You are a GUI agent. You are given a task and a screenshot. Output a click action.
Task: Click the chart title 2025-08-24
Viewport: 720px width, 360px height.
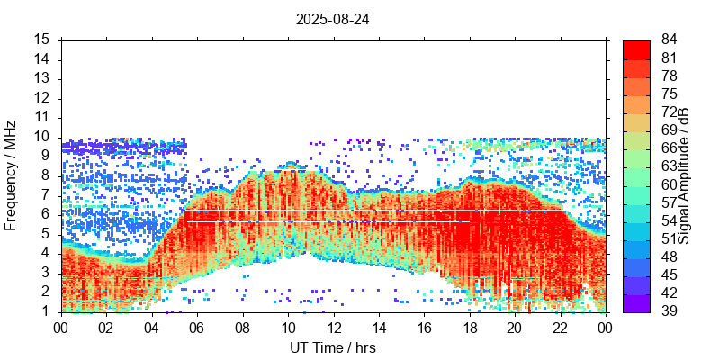click(332, 18)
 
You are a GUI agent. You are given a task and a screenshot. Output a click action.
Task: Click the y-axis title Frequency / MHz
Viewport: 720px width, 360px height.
click(11, 175)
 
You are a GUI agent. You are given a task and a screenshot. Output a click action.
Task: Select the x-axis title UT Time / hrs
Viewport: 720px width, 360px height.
click(332, 347)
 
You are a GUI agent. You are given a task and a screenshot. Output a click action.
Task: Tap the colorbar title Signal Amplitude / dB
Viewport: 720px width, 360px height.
click(684, 175)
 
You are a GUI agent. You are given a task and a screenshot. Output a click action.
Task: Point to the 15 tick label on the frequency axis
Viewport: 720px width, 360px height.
click(41, 40)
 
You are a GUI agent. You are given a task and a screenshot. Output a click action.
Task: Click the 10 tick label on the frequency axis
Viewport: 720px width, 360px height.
click(41, 137)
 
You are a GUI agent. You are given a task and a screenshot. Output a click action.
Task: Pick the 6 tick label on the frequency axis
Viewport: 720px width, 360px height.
click(45, 214)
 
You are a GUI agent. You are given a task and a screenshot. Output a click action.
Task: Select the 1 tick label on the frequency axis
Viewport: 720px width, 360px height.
click(45, 311)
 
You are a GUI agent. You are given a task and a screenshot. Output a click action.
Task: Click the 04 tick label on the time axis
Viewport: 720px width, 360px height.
click(152, 328)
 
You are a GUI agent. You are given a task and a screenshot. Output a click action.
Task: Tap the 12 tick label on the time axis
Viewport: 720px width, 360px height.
click(333, 328)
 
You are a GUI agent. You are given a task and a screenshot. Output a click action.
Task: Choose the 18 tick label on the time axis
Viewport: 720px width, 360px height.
click(469, 328)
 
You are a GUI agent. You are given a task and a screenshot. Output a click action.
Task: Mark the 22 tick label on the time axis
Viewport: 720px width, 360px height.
click(560, 328)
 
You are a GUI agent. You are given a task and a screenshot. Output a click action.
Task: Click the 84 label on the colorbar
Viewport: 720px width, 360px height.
click(670, 40)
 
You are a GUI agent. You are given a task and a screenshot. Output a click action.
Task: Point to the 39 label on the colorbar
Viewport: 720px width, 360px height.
click(670, 311)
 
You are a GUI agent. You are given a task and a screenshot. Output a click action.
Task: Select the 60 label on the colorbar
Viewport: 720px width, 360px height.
click(670, 184)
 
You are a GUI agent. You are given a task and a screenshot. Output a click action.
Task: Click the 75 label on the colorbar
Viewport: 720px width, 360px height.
click(670, 94)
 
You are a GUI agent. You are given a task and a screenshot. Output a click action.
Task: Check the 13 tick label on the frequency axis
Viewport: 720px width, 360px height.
click(41, 78)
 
